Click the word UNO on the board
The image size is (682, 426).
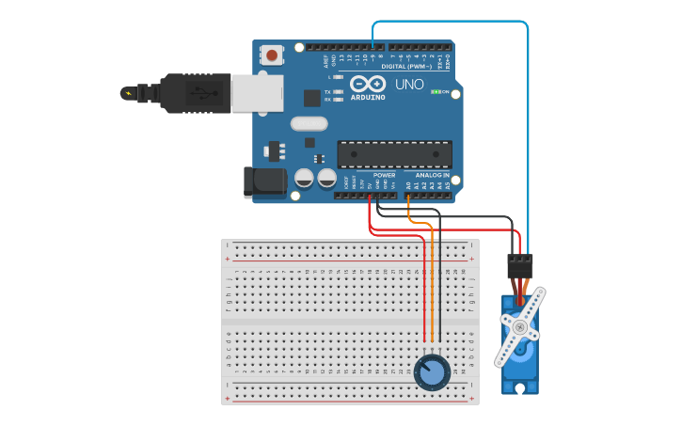409,85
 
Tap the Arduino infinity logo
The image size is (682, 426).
368,84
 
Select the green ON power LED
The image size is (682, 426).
436,92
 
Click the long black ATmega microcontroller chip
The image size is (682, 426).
394,154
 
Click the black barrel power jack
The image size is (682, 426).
264,182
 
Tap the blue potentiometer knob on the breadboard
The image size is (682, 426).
432,371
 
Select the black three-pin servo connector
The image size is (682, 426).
519,265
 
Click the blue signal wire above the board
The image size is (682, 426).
452,22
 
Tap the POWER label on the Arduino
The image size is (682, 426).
384,175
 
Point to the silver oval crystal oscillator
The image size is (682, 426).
309,123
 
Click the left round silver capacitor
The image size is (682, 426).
304,178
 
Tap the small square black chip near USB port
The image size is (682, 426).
311,98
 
